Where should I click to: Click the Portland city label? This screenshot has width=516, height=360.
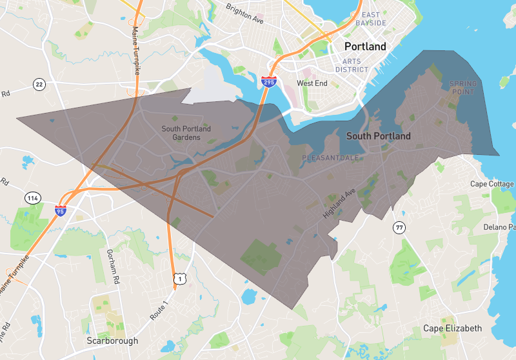tap(365, 46)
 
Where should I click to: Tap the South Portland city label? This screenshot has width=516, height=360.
tap(379, 136)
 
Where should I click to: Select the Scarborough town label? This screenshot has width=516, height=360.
tap(112, 341)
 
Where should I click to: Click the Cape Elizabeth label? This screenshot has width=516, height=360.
tap(452, 328)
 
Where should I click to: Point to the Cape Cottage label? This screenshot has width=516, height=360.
tap(492, 184)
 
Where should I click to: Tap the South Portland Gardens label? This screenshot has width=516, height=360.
tap(186, 133)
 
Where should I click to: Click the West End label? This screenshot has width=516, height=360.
tap(312, 83)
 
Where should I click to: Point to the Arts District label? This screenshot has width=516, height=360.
tap(352, 65)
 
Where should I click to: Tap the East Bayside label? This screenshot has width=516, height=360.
tap(374, 19)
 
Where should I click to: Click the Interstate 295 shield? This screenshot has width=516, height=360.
tap(270, 82)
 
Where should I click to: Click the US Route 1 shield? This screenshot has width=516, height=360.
tap(179, 279)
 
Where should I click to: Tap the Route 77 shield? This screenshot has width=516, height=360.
tap(399, 227)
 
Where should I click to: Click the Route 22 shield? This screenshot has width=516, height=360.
tap(39, 85)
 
